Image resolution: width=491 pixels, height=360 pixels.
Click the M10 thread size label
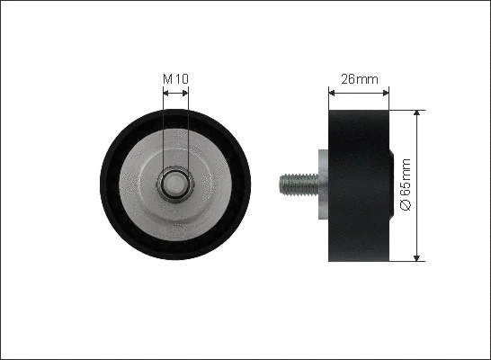click(x=175, y=79)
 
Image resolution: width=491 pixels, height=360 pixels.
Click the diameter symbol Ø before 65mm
click(x=405, y=206)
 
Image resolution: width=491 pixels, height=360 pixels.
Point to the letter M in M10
click(x=167, y=79)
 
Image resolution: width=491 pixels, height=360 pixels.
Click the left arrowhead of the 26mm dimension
click(x=328, y=91)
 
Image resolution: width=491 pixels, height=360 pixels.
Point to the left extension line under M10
click(x=163, y=135)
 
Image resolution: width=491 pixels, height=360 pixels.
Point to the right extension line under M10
click(x=188, y=135)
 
